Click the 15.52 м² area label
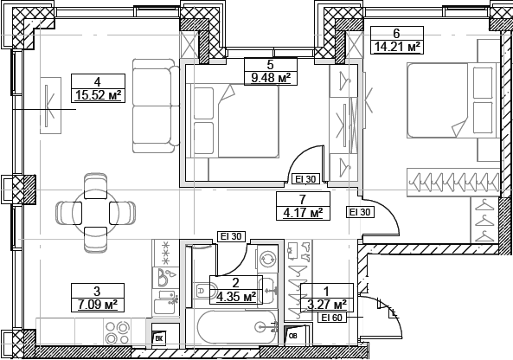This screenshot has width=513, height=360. (x=98, y=95)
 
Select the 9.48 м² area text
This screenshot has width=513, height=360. (x=271, y=77)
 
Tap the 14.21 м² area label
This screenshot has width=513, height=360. (x=395, y=48)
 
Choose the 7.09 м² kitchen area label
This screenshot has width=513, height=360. (x=98, y=304)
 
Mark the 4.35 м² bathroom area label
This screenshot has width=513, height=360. (x=235, y=296)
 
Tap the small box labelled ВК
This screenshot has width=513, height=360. (x=159, y=340)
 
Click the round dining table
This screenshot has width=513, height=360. (x=95, y=210)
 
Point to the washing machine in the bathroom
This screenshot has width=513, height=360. (x=267, y=258)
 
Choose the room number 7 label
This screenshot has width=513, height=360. (x=303, y=199)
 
